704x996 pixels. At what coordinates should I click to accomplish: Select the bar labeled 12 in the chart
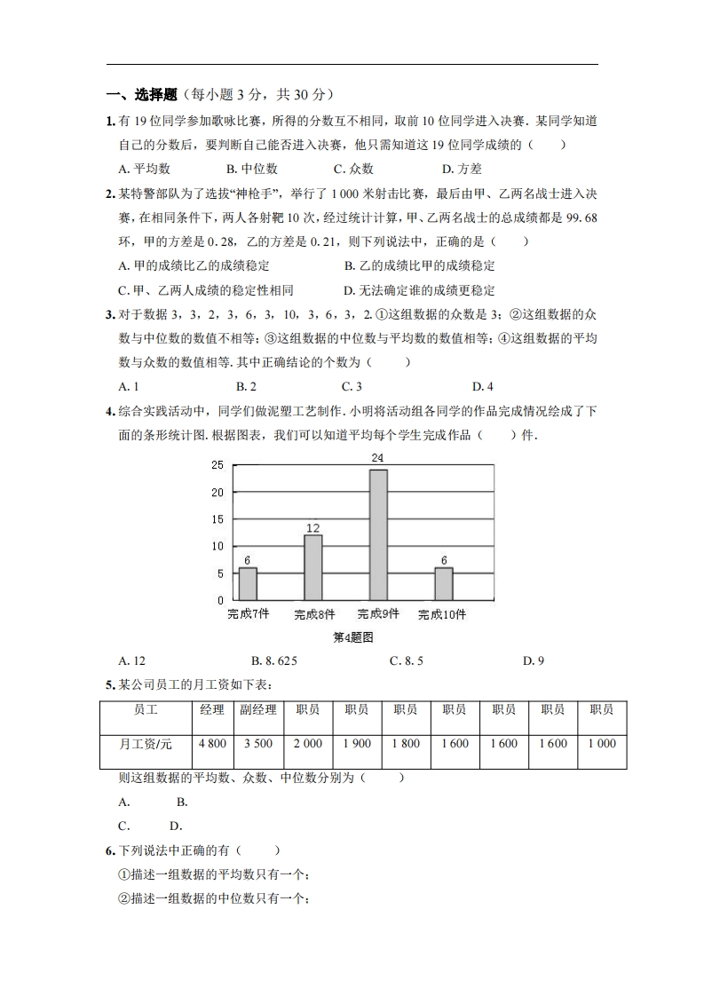coord(312,567)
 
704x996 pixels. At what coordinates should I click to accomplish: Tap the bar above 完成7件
coord(248,583)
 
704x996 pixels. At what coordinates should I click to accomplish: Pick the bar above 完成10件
coord(444,583)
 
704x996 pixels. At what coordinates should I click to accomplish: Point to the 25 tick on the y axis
coord(218,465)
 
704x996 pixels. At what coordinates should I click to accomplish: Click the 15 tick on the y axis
coord(218,519)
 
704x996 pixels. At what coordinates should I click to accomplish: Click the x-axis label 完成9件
coord(378,614)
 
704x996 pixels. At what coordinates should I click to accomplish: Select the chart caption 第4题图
coord(352,637)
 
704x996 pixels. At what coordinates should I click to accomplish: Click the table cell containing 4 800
coord(212,744)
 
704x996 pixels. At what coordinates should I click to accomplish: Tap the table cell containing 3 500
coord(258,744)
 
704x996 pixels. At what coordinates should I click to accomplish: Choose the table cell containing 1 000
coord(602,744)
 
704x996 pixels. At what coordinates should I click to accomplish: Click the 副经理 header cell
coord(258,710)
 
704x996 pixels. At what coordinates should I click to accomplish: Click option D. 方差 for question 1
coord(462,169)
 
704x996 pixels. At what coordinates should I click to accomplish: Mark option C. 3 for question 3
coord(352,386)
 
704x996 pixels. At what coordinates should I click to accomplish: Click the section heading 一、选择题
coord(142,95)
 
